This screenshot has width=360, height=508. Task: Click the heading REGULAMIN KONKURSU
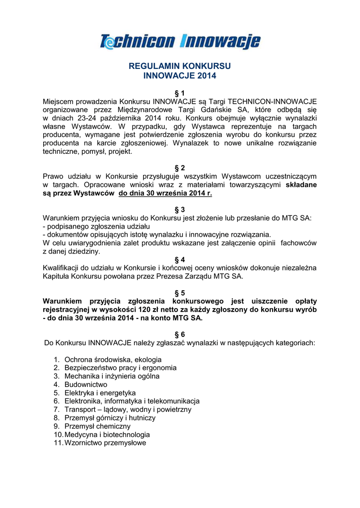click(x=180, y=66)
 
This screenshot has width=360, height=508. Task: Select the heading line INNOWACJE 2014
click(x=180, y=76)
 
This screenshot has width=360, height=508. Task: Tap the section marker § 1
click(x=180, y=93)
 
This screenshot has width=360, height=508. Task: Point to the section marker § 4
click(x=180, y=259)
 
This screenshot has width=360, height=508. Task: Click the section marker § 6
click(x=180, y=334)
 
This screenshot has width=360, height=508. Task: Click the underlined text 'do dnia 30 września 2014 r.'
click(x=165, y=193)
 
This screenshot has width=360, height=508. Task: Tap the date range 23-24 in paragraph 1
click(x=77, y=118)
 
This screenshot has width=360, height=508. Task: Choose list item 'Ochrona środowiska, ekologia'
click(x=113, y=359)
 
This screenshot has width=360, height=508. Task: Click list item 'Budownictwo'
click(x=86, y=384)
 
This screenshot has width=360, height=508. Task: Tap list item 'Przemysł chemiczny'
click(x=97, y=426)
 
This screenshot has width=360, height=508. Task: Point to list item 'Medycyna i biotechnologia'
click(x=107, y=435)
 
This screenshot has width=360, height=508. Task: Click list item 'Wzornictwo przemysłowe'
click(x=105, y=443)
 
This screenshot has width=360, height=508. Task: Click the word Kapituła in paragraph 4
click(x=57, y=276)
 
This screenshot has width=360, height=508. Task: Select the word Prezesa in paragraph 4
click(x=169, y=276)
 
